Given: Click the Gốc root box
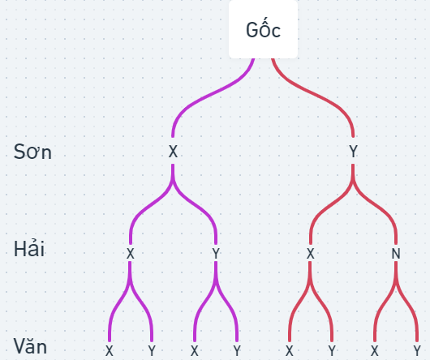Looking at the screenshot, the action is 263,29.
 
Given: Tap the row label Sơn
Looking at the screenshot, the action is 32,152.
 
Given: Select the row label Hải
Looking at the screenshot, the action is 29,248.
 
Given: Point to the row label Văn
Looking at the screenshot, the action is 31,346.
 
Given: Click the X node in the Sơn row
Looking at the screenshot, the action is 173,152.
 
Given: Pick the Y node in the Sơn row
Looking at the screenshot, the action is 353,152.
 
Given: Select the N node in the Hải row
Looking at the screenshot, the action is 396,254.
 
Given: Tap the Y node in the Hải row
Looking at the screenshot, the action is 216,254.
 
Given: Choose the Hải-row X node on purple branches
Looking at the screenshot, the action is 131,254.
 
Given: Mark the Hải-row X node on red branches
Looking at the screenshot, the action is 310,254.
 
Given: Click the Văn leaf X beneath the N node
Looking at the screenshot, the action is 375,351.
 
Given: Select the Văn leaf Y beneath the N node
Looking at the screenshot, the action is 417,351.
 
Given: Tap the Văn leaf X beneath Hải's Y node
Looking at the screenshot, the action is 195,351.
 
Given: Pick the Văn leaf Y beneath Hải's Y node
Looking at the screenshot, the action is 237,351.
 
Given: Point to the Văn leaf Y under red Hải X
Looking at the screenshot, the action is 332,351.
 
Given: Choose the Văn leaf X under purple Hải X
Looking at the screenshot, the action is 110,351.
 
